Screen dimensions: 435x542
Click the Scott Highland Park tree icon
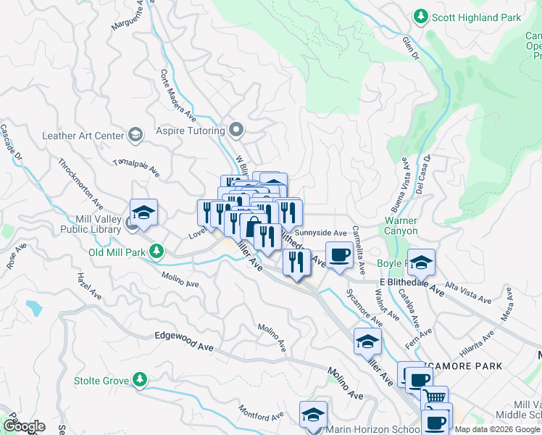[420, 16]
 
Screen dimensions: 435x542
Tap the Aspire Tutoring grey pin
[235, 130]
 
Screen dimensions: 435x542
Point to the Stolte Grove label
[100, 380]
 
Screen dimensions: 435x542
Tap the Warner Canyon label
[401, 225]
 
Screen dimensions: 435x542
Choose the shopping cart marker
[434, 398]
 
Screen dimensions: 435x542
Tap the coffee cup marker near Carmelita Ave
[338, 255]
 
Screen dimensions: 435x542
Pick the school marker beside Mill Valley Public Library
[144, 212]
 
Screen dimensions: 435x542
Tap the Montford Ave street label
[261, 415]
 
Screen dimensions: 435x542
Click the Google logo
[23, 426]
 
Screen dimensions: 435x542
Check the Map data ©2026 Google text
[496, 429]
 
